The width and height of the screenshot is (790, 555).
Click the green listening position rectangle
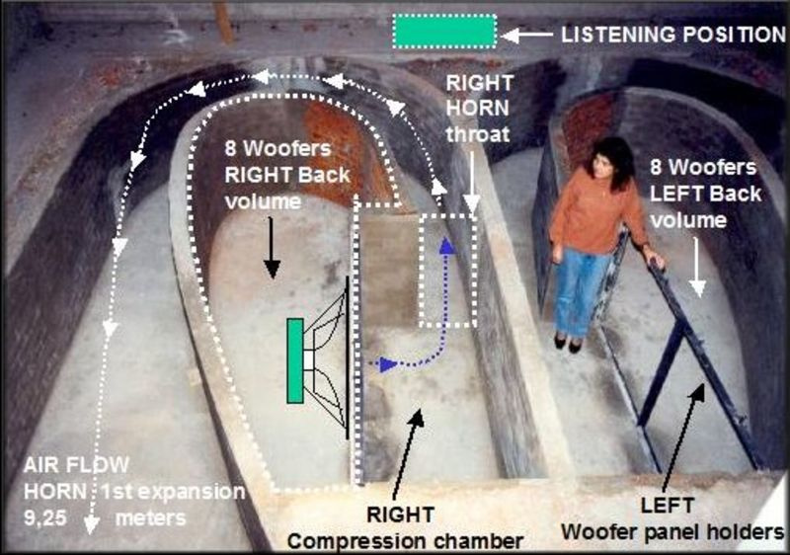444,32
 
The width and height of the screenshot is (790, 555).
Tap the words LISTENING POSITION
673,35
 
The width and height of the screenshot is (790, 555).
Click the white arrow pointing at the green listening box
526,36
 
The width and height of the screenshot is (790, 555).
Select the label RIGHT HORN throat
478,109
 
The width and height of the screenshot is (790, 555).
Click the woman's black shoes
568,343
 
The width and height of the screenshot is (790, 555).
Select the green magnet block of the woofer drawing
295,360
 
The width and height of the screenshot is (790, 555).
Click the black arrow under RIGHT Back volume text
273,247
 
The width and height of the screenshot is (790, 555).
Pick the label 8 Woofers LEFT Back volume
704,194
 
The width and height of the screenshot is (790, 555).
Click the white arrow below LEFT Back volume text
698,267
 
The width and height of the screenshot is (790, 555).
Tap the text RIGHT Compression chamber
405,528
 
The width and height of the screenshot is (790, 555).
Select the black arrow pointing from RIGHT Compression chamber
407,453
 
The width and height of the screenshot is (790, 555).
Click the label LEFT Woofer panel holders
672,518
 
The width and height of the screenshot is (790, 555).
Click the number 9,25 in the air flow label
45,518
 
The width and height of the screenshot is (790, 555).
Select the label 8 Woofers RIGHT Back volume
287,175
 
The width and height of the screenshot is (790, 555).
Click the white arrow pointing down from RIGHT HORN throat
472,182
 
